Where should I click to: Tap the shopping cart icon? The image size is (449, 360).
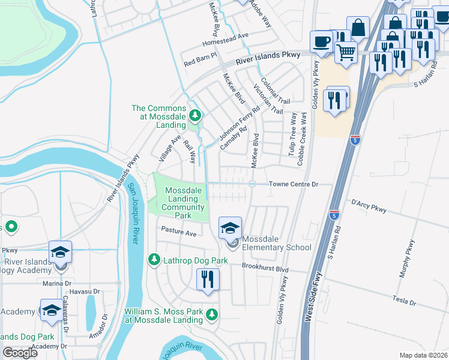[x=346, y=53]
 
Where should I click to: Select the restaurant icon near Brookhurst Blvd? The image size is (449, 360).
[x=208, y=280]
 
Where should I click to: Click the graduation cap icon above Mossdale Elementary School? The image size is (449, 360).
[x=229, y=229]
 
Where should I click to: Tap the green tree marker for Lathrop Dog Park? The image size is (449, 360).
[x=154, y=260]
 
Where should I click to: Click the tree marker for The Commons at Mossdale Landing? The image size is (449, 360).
[x=194, y=114]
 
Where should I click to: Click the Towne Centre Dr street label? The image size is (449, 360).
[x=292, y=184]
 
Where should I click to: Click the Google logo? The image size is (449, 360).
[x=20, y=353]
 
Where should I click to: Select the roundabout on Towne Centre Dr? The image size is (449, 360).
[x=253, y=184]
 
